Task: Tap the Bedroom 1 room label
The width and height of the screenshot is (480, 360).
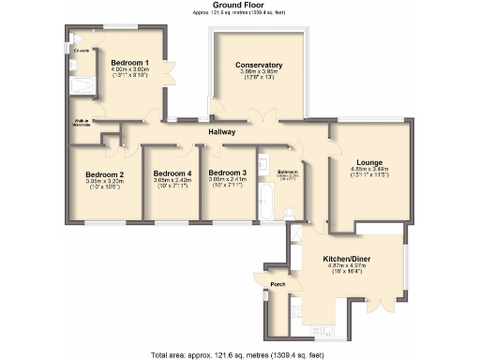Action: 130,62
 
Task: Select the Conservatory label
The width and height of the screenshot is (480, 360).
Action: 260,65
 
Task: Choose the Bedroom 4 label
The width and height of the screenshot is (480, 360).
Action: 172,173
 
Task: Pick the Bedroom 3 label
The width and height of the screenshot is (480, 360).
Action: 227,173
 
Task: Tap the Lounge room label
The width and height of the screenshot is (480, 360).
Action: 369,162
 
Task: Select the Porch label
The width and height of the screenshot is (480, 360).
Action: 277,284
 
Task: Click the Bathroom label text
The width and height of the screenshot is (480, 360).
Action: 287,172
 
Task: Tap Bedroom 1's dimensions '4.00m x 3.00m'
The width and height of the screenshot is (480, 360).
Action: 130,69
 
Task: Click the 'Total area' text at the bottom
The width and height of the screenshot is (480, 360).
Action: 239,354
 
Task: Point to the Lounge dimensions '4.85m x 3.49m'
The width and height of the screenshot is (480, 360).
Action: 369,170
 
